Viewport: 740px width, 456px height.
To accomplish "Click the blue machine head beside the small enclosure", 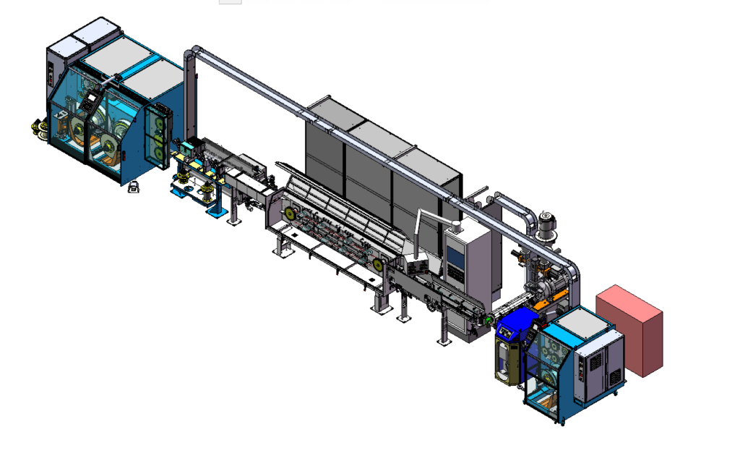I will [x=515, y=326].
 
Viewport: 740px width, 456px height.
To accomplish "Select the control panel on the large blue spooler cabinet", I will [x=92, y=101].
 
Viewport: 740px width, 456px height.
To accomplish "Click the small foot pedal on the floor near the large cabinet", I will [x=134, y=188].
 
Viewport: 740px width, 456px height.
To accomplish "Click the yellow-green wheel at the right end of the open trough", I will [x=378, y=265].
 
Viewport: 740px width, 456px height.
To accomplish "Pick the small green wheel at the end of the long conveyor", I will [x=489, y=318].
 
